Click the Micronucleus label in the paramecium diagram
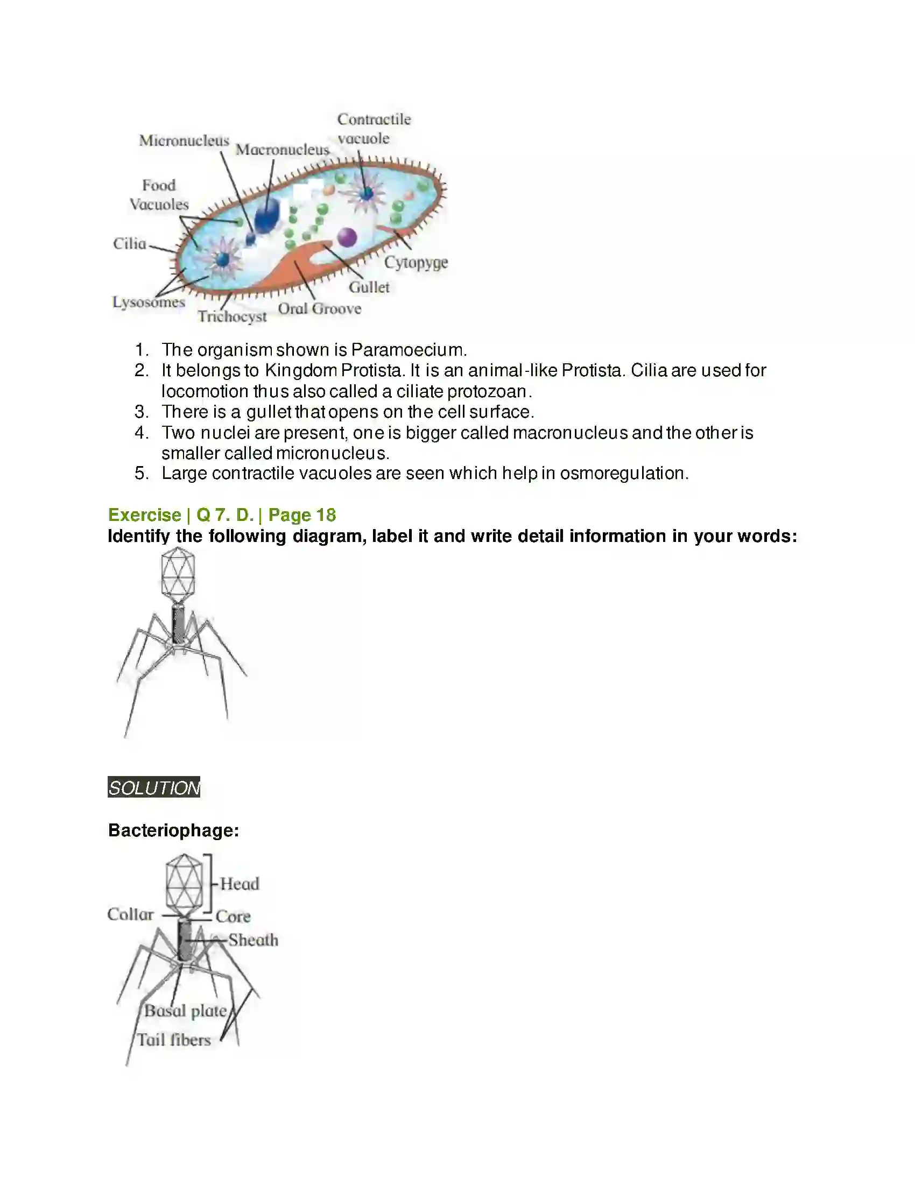tap(184, 140)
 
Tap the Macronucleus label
tap(282, 150)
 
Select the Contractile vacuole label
tap(374, 129)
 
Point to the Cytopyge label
tap(416, 263)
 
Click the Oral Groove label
tap(319, 308)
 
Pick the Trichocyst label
tap(232, 316)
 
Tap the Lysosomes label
tap(149, 302)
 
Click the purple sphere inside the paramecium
tap(347, 237)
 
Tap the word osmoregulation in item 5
tap(623, 473)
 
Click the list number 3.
tap(141, 412)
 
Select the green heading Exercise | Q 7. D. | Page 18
tap(222, 515)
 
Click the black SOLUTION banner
tap(154, 787)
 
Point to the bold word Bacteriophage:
tap(173, 830)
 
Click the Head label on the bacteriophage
tap(240, 884)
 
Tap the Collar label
tap(130, 914)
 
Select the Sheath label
tap(252, 940)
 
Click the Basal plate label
tap(185, 1011)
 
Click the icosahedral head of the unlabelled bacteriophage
tap(178, 576)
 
